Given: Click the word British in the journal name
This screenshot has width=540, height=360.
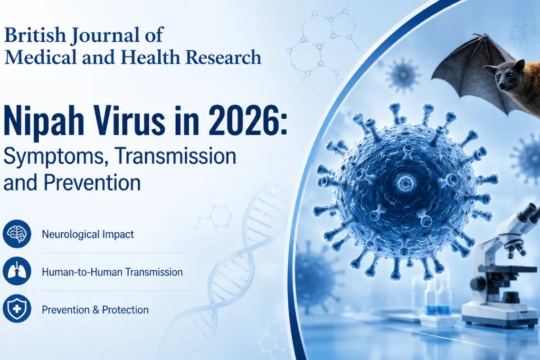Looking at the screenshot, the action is click(x=35, y=35).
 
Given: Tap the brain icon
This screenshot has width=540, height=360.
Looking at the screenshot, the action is click(x=17, y=234).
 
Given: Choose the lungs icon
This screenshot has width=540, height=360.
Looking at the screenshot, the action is click(x=17, y=272).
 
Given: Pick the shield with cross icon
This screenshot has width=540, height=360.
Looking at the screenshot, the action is click(x=17, y=309).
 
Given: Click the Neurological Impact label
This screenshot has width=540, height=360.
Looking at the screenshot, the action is click(x=88, y=234).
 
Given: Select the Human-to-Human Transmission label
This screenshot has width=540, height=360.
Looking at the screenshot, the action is click(x=112, y=272).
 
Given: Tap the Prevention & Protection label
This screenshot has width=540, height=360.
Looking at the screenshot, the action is click(x=95, y=310).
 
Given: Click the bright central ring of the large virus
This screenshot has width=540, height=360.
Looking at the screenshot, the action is click(x=405, y=182).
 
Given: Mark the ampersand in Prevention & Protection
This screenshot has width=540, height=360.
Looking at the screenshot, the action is click(x=96, y=310).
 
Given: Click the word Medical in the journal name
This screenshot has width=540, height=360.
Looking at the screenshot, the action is click(x=40, y=57).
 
